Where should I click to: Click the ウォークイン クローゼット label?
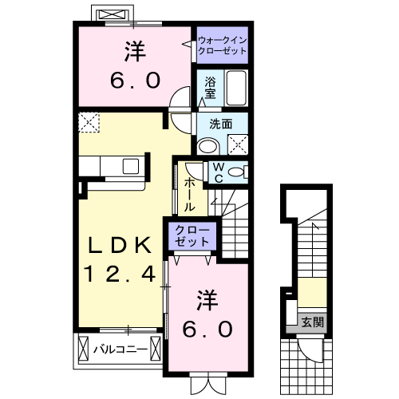[221, 44]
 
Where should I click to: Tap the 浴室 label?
[210, 87]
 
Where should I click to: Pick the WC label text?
[217, 172]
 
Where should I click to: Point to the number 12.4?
[120, 275]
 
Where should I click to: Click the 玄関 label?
[313, 322]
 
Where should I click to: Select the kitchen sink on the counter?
[129, 165]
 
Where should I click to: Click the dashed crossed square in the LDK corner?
[89, 123]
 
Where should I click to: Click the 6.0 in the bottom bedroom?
[210, 329]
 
